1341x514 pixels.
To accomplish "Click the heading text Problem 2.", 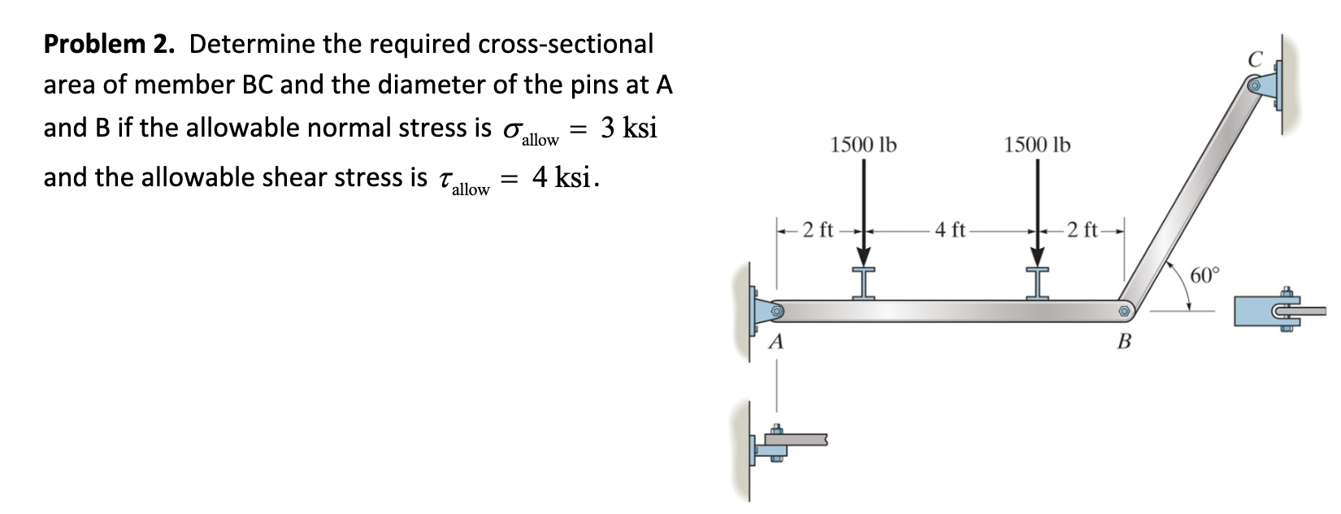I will coord(108,44).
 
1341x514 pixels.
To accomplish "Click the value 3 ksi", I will coord(628,128).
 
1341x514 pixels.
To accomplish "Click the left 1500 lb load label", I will coord(863,146).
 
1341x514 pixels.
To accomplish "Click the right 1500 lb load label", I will coord(1037,146).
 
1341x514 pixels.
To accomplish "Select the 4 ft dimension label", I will coord(949,230).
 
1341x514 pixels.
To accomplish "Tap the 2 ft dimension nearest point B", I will coord(1083,230).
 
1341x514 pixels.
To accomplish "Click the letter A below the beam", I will coord(207,342).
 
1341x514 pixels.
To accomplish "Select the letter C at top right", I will coord(1256,59).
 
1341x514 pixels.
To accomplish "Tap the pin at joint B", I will coord(1124,311).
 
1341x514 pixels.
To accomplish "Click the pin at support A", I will coord(207,311).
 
